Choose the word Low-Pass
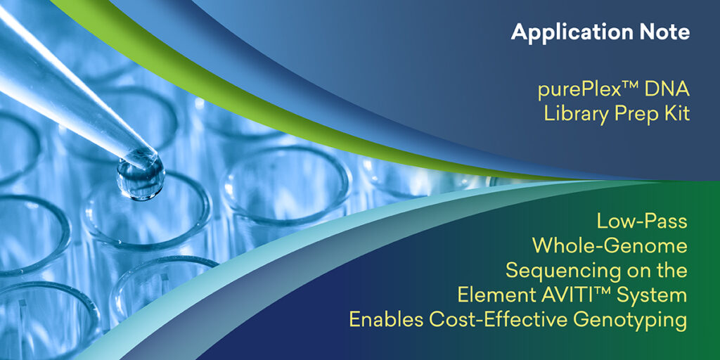(642, 221)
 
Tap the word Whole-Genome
(610, 246)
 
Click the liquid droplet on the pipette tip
(140, 176)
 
